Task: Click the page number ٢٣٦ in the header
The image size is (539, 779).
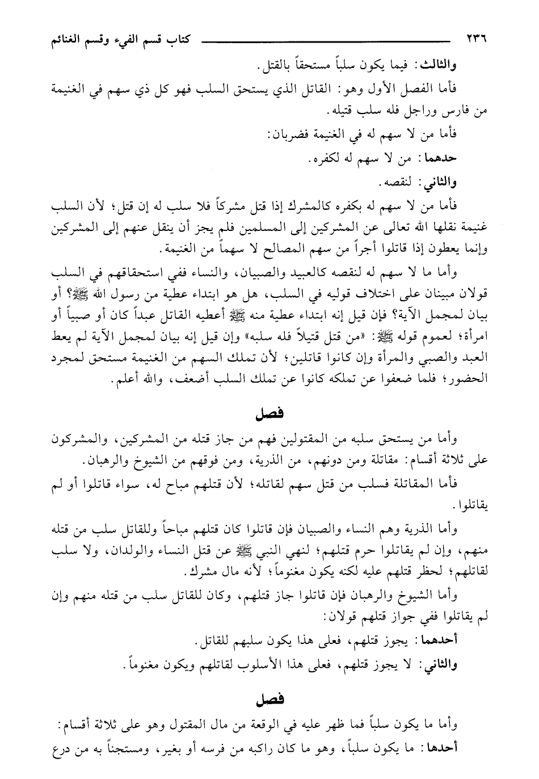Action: [x=478, y=40]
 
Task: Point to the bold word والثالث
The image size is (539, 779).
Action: [x=440, y=66]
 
